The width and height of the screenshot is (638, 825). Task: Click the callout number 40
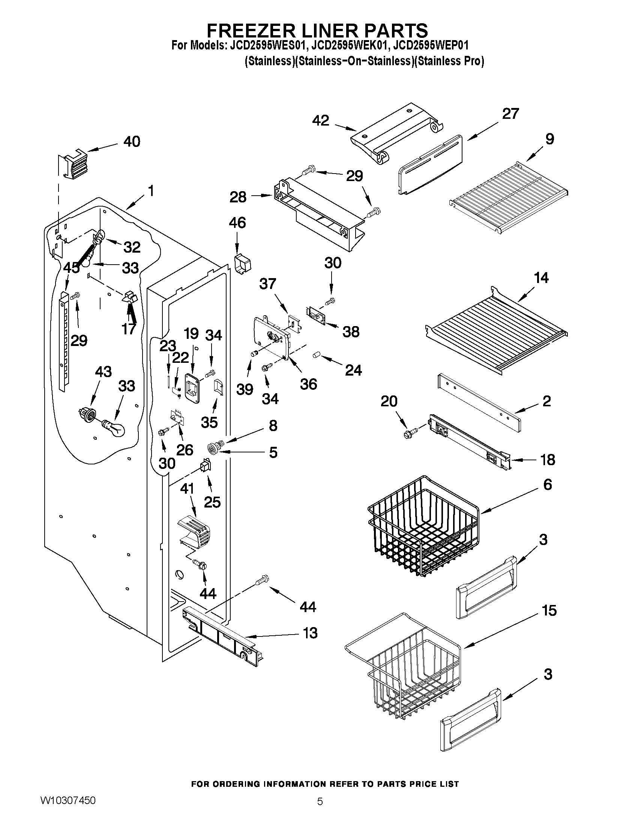click(132, 141)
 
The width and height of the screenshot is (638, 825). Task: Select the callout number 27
click(510, 114)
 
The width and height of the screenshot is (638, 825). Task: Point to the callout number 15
click(549, 611)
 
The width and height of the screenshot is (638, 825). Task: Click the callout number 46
click(237, 223)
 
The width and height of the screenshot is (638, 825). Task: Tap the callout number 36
click(308, 384)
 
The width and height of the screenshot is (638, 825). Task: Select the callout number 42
click(321, 120)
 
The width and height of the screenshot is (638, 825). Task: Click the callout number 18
click(548, 460)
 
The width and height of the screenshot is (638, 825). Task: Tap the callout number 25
click(212, 502)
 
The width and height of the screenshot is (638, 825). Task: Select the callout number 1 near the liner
click(151, 191)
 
